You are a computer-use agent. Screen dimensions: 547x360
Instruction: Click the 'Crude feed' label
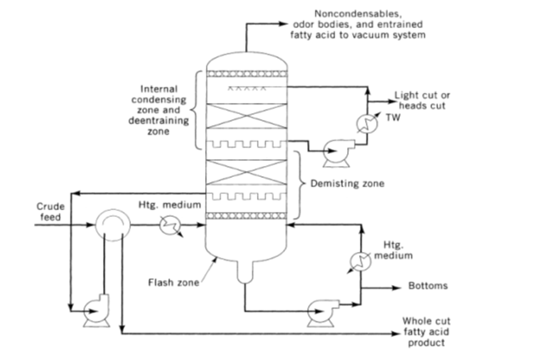tap(50, 212)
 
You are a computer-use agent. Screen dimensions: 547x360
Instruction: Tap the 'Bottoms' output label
tap(428, 286)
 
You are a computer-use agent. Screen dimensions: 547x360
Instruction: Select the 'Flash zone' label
tap(174, 283)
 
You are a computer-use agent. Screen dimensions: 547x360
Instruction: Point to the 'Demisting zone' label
tap(347, 184)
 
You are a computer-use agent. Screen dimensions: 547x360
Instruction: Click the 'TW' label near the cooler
tap(393, 117)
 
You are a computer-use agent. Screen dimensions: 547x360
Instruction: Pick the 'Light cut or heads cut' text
tap(422, 100)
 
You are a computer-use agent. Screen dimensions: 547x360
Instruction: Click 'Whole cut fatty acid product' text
tap(426, 332)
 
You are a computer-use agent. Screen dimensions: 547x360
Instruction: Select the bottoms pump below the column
tap(322, 312)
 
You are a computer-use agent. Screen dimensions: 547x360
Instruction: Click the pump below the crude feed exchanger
tap(97, 311)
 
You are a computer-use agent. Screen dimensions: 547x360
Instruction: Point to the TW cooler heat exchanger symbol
tap(367, 123)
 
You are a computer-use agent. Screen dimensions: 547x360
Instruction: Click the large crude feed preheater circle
tap(112, 225)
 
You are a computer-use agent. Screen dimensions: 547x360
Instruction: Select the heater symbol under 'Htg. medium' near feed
tap(170, 226)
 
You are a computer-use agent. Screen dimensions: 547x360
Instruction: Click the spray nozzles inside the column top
tap(247, 89)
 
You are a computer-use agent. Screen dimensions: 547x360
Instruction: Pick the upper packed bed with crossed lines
tap(247, 117)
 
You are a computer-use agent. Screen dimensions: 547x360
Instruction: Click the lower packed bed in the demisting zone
tap(247, 172)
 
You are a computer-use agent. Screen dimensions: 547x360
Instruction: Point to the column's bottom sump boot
tap(245, 272)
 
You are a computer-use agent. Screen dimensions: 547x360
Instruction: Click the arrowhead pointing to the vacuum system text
tap(282, 24)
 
